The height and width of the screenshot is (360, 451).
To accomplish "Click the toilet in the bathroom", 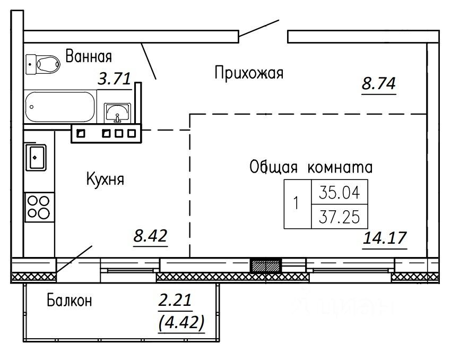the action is click(42, 64).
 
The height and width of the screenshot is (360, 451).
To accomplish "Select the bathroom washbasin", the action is click(116, 111).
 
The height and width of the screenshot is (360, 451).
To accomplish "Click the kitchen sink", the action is click(36, 157).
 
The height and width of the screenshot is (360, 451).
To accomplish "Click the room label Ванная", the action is click(89, 56).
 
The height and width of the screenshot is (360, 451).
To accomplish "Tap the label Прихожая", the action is click(249, 73).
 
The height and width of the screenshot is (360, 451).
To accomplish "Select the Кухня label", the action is click(105, 179).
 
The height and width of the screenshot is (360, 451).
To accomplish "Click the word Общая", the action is click(274, 167).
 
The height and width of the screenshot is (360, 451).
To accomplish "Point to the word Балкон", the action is click(70, 301).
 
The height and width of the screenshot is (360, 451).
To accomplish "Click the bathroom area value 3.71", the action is click(114, 80).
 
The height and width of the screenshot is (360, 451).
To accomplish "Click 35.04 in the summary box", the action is click(339, 193).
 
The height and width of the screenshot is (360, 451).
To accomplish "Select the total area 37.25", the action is click(339, 216).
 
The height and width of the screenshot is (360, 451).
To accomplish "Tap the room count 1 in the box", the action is click(297, 203).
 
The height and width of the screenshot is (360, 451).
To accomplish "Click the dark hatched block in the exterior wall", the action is click(266, 266).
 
